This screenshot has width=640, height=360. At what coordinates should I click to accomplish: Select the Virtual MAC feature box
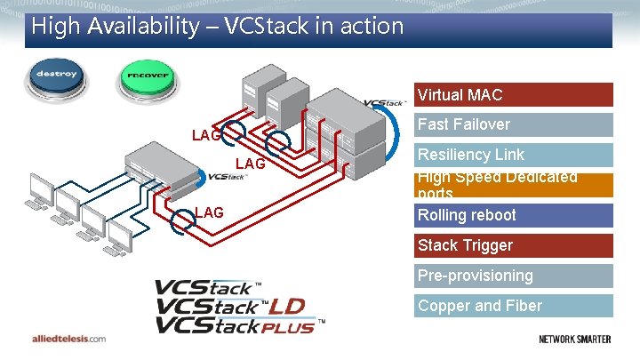514,94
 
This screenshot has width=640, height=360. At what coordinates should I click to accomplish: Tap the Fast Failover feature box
514,124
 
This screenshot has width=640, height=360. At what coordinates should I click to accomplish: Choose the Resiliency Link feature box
514,155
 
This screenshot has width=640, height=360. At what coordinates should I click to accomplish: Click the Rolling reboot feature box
514,215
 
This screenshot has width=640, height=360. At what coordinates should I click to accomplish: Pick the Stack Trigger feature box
514,245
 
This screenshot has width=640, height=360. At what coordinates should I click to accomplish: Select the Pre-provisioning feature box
514,276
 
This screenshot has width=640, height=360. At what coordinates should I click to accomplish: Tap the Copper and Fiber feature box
514,306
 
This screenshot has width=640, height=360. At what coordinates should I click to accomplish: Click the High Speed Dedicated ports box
514,185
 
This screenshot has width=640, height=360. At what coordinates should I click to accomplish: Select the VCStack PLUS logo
235,325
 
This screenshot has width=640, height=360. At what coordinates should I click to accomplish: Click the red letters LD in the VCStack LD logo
286,306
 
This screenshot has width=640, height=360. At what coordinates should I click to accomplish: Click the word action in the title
368,27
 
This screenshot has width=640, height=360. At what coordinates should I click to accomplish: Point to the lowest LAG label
209,212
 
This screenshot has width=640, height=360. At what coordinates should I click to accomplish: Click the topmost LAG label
206,135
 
